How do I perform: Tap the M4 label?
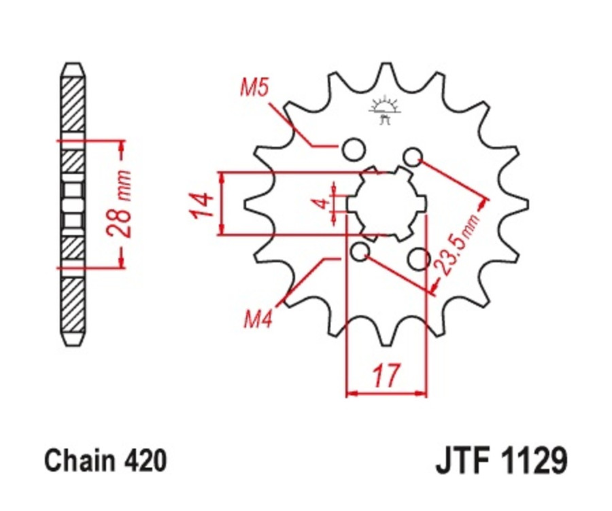point(258,319)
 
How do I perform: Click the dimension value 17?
point(386,375)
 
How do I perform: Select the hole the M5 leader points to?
point(352,149)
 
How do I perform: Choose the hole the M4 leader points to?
point(360,253)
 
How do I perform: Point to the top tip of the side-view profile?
point(73,65)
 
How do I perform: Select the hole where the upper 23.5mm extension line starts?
point(412,157)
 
